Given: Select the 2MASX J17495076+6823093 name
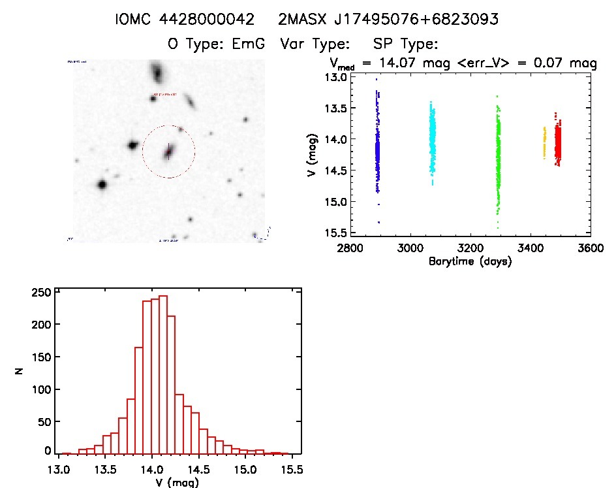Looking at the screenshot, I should (388, 20).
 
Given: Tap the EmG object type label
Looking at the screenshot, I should (244, 44).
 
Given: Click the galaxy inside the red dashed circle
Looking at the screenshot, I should (168, 152).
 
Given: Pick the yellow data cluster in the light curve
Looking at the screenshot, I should (544, 142).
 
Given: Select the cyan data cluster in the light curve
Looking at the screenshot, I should (432, 139).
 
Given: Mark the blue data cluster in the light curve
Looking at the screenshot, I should (377, 150).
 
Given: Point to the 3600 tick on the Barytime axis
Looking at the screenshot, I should (591, 248).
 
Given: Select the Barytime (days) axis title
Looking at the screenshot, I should (470, 261).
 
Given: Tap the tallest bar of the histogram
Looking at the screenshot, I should (163, 373).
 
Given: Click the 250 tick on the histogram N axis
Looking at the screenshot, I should (41, 293).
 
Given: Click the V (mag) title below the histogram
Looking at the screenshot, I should (178, 483).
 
